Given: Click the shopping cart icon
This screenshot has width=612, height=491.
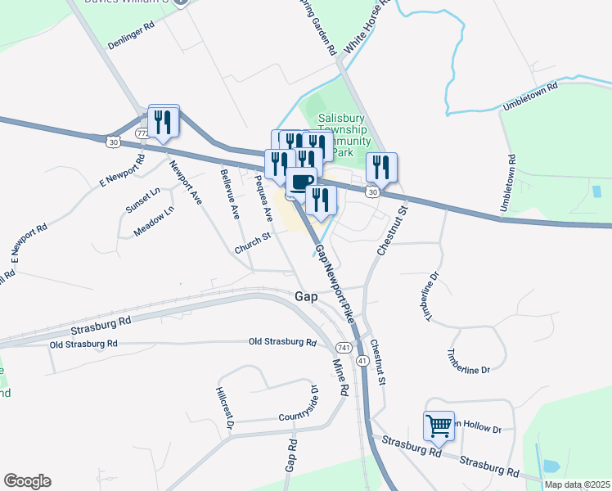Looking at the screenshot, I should (x=439, y=426).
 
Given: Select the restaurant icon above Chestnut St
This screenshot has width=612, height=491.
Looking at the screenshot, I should (x=381, y=168).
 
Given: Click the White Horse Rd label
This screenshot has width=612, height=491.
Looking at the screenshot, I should (x=363, y=35).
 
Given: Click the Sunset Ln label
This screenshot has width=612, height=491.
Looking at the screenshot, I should (x=144, y=199).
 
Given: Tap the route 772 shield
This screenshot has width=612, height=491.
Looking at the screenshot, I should (x=143, y=133).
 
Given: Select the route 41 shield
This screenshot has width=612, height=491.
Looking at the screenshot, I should (x=361, y=360).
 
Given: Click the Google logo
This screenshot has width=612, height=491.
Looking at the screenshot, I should (x=27, y=481).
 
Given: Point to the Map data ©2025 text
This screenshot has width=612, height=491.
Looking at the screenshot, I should (x=577, y=484).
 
